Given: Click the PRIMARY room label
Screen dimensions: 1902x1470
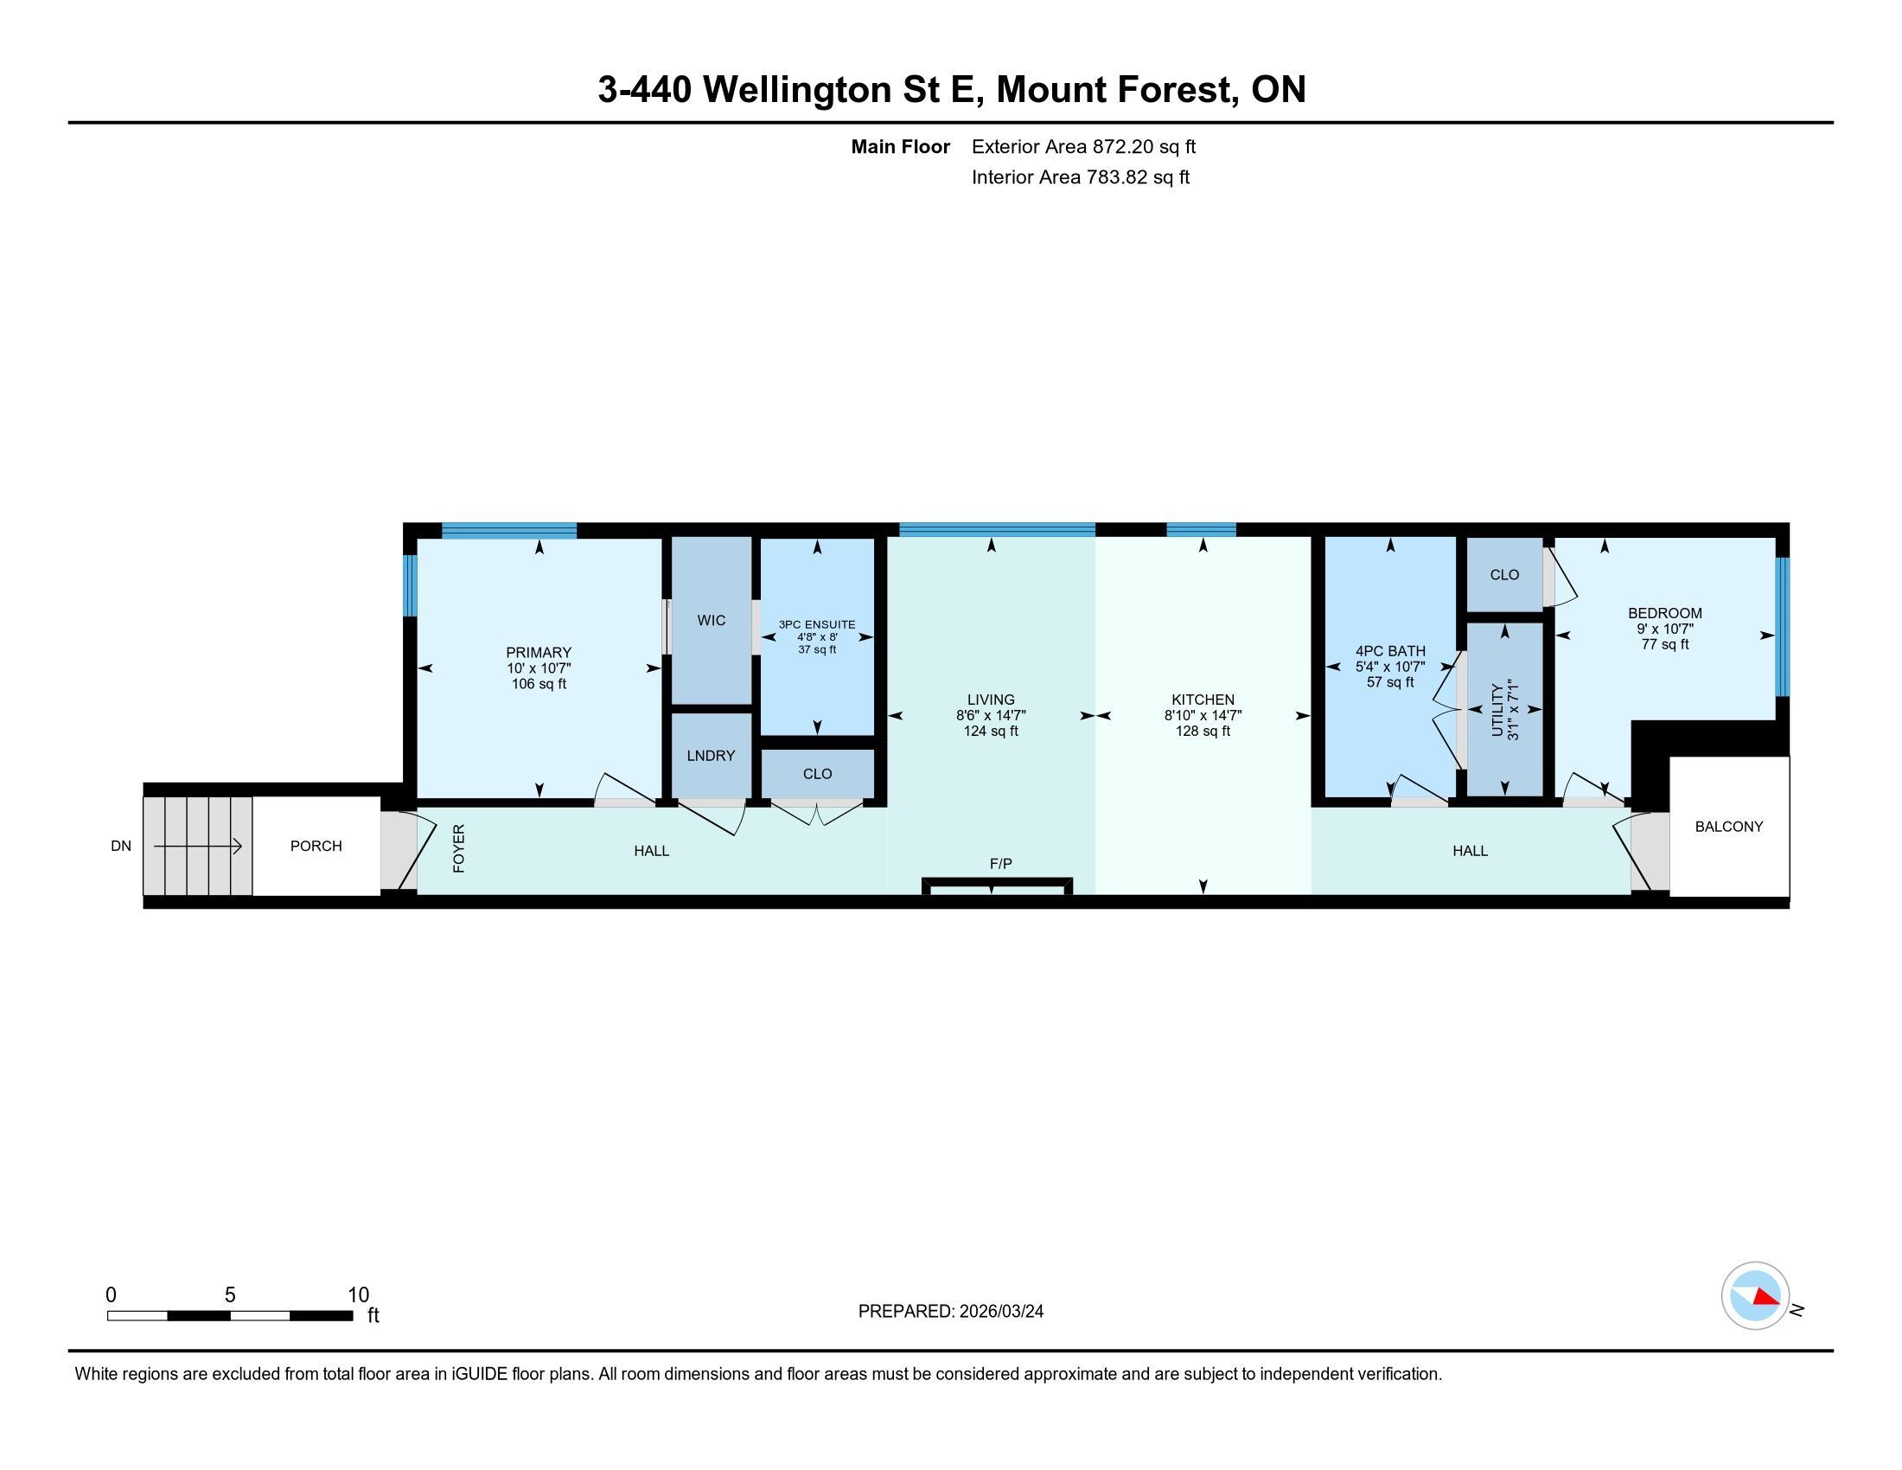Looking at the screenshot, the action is pyautogui.click(x=539, y=652).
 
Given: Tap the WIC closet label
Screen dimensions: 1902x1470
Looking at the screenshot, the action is pyautogui.click(x=712, y=620).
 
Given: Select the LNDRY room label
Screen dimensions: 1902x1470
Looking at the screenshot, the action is pyautogui.click(x=711, y=755).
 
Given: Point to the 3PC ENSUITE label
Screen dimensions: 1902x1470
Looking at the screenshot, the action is pyautogui.click(x=817, y=624).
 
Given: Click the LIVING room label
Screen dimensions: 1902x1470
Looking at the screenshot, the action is pyautogui.click(x=991, y=700).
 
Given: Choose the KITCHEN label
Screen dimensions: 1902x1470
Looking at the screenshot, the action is pyautogui.click(x=1203, y=700).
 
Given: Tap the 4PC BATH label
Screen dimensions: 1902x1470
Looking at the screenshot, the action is pyautogui.click(x=1390, y=650).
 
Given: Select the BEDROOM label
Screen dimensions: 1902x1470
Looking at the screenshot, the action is pyautogui.click(x=1665, y=613).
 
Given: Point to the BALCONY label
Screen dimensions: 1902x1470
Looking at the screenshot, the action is pyautogui.click(x=1729, y=827).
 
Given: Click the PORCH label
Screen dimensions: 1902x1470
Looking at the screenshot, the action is pyautogui.click(x=316, y=846).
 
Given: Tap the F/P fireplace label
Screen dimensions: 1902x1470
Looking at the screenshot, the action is pyautogui.click(x=1000, y=864).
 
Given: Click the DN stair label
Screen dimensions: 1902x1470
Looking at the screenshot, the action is pyautogui.click(x=121, y=846).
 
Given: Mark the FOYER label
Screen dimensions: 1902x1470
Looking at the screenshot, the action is pyautogui.click(x=459, y=848).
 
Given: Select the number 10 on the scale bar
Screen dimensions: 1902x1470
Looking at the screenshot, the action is pyautogui.click(x=359, y=1295).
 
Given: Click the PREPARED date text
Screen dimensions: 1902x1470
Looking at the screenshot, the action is pyautogui.click(x=951, y=1312).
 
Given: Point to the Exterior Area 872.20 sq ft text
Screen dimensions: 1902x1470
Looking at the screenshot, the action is pyautogui.click(x=1083, y=146).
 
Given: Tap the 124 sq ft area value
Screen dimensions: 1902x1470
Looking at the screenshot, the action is pyautogui.click(x=991, y=731).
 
